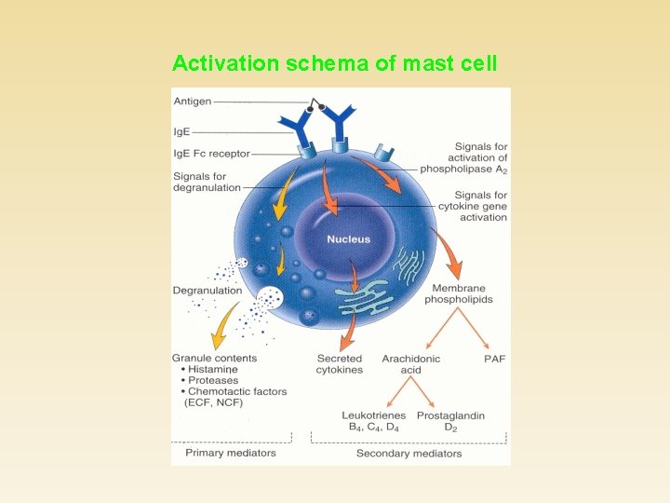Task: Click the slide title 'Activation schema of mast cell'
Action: [335, 63]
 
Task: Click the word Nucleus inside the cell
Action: [348, 239]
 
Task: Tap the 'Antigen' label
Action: [192, 102]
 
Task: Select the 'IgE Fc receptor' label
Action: [211, 154]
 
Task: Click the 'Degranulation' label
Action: [208, 290]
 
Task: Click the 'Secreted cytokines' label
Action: [340, 364]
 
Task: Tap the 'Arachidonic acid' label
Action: [410, 364]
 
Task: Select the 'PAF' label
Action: [494, 359]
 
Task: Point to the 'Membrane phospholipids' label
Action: [459, 294]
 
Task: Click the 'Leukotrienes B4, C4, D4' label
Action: [373, 421]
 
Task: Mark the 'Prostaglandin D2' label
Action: [450, 421]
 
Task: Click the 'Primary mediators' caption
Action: [231, 454]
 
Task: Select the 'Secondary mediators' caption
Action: [409, 454]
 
